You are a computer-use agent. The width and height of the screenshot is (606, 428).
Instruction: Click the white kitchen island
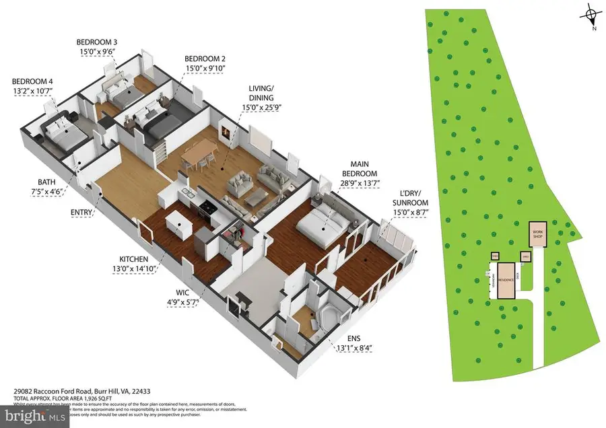(x=176, y=223)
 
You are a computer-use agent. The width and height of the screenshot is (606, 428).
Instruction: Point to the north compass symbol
(x=591, y=13)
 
